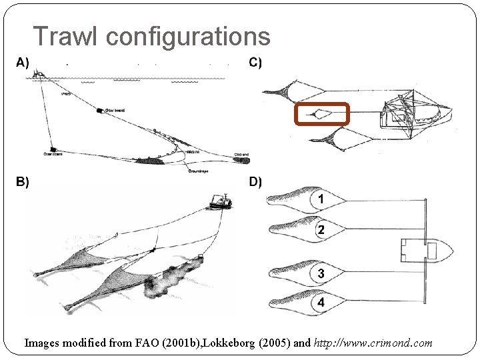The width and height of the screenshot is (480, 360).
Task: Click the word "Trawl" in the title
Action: point(65,36)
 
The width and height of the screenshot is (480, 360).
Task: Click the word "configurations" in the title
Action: point(187,37)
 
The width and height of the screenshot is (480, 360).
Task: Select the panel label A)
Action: point(23,63)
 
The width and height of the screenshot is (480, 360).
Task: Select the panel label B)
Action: point(23,182)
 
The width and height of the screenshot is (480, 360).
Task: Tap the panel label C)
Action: point(255,63)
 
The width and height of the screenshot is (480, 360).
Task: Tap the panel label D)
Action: point(255,182)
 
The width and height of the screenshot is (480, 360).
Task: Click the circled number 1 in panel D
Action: point(321,199)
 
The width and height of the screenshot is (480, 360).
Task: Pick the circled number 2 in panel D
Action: point(321,230)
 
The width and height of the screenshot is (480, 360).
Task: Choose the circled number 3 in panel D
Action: point(321,273)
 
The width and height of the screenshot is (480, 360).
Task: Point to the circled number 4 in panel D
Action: point(321,303)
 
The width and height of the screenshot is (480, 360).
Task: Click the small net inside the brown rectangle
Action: point(322,115)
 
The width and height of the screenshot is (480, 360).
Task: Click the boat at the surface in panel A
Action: point(39,73)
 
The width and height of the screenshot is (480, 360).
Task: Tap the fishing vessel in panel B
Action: point(219,202)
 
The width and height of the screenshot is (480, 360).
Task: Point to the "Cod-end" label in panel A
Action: point(242,154)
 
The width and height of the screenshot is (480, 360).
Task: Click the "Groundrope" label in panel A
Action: point(198,171)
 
